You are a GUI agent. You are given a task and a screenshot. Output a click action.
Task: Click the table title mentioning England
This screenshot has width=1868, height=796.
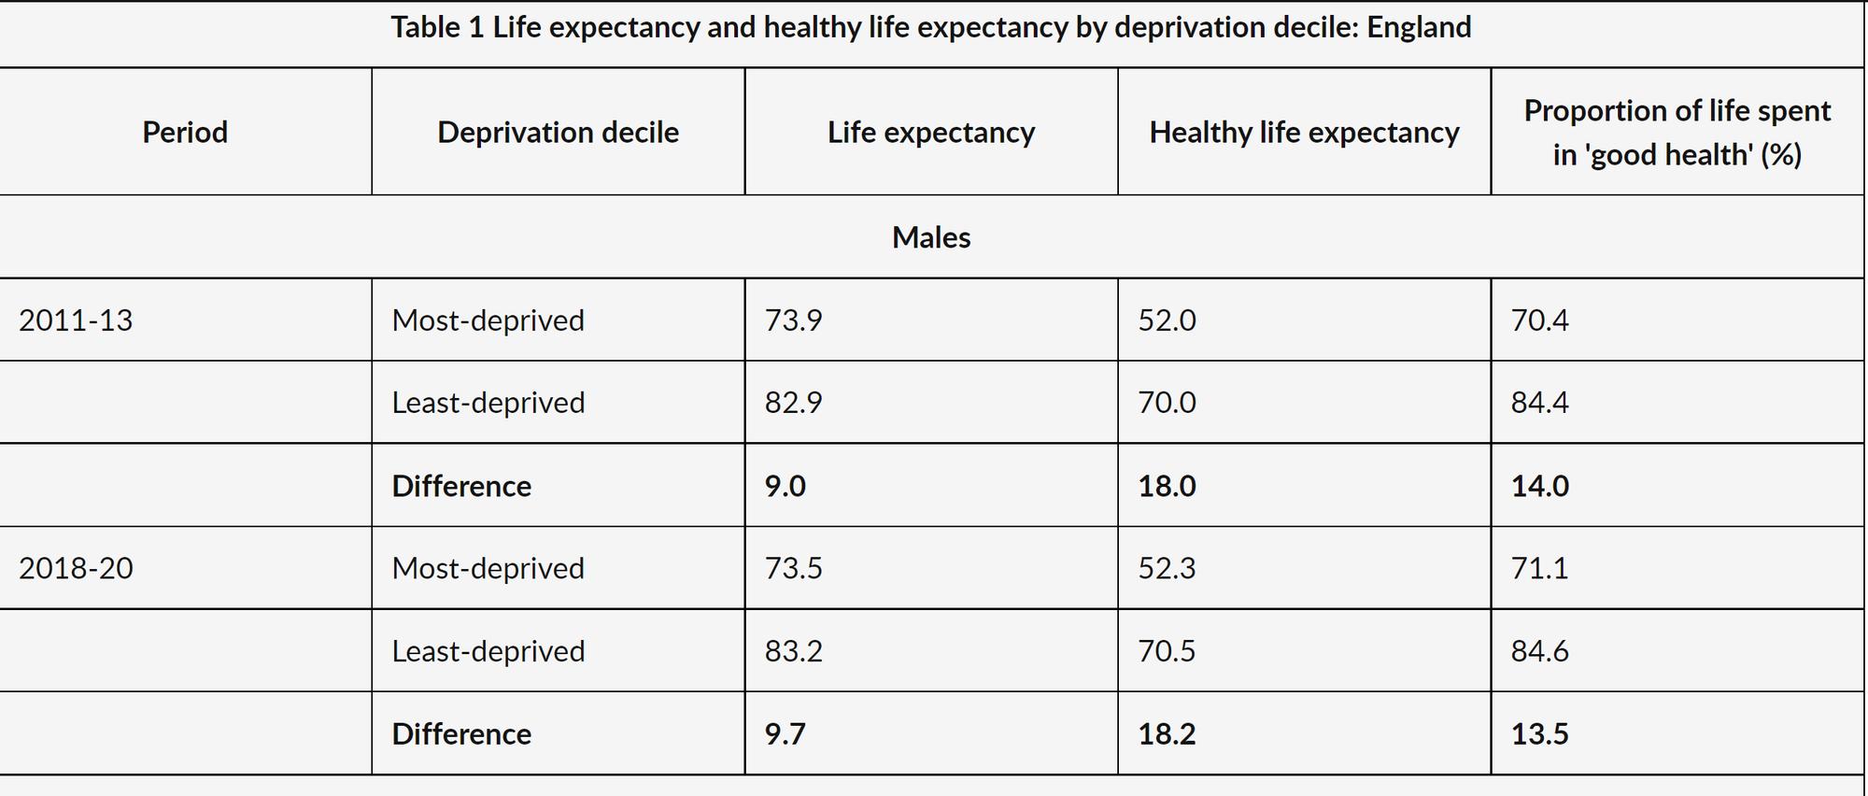[x=930, y=28]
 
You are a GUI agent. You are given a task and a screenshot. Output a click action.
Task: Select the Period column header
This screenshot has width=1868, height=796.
[x=185, y=133]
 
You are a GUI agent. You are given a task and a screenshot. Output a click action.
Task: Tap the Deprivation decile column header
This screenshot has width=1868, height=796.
[x=558, y=133]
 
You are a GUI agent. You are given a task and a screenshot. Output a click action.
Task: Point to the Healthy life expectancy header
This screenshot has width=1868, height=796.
[x=1304, y=133]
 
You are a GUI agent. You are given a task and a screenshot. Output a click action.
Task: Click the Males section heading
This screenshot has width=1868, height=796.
[x=931, y=237]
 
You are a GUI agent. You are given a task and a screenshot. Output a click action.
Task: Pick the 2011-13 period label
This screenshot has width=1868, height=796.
[x=76, y=320]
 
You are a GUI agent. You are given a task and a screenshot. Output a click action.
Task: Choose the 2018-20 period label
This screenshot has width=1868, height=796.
[x=76, y=568]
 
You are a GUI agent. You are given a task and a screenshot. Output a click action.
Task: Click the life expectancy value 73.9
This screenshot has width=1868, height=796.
[x=793, y=320]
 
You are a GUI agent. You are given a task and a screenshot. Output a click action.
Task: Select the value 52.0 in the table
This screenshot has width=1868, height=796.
[x=1167, y=320]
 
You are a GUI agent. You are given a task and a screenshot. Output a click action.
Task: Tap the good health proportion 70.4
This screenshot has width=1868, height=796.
[x=1539, y=320]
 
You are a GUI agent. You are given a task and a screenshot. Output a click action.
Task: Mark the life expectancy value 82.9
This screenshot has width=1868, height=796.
[x=793, y=403]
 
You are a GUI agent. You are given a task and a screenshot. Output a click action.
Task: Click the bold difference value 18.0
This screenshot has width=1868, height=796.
[x=1167, y=486]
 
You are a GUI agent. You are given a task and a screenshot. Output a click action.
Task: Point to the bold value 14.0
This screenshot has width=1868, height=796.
[x=1539, y=486]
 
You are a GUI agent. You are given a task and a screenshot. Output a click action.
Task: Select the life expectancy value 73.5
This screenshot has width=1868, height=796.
[x=793, y=568]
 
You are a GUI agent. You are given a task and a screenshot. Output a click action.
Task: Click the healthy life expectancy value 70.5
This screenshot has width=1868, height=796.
[x=1167, y=651]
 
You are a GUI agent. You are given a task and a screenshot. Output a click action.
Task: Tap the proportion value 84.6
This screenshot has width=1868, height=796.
[x=1539, y=651]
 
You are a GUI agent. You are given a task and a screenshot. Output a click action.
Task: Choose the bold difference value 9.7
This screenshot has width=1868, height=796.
[x=785, y=733]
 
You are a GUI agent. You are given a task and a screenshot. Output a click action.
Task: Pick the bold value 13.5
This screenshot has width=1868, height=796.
[x=1539, y=733]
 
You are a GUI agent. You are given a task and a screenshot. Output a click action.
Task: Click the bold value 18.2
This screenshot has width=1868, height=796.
[x=1167, y=733]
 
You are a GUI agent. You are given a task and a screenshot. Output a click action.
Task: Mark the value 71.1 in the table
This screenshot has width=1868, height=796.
[x=1539, y=568]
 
